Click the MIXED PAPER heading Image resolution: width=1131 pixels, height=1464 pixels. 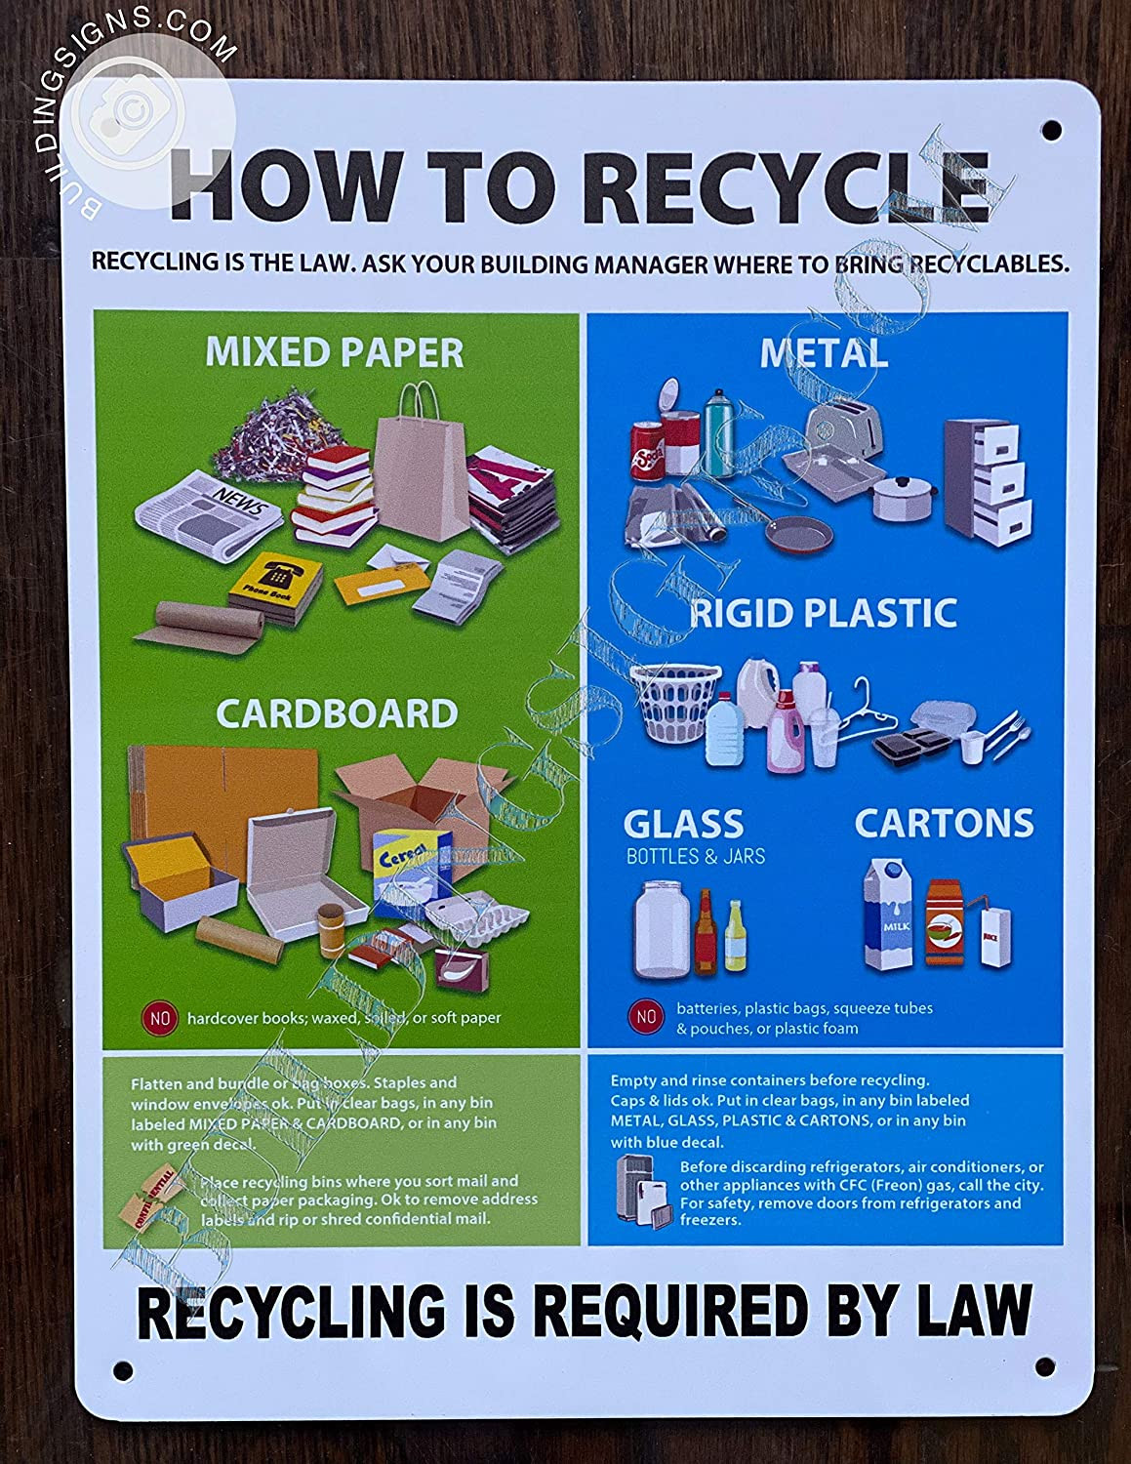coord(334,352)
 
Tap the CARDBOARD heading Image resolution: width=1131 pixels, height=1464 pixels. coord(337,713)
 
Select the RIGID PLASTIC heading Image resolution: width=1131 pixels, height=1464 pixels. coord(823,613)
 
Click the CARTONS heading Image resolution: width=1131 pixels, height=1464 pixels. coord(944,823)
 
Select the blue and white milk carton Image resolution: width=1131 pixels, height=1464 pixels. coord(889,915)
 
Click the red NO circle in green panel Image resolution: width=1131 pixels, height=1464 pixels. coord(160,1018)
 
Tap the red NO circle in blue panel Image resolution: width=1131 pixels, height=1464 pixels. coord(646,1017)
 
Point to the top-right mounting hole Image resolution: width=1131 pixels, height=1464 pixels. coord(1052,128)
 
